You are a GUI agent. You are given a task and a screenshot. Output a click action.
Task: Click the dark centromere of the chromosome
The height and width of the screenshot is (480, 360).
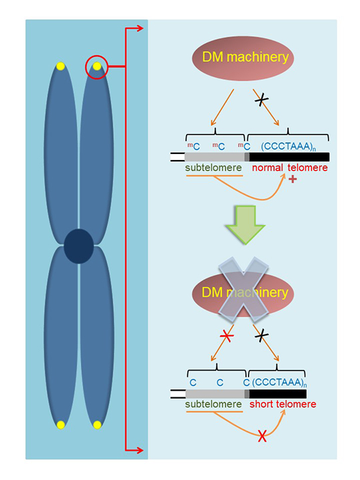[x=79, y=246]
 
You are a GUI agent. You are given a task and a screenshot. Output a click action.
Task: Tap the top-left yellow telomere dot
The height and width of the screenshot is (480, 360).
[x=61, y=67]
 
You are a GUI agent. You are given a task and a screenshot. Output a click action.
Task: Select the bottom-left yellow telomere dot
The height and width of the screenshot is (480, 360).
[x=61, y=425]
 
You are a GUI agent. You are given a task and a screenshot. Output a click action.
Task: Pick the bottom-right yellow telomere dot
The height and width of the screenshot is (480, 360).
[x=97, y=425]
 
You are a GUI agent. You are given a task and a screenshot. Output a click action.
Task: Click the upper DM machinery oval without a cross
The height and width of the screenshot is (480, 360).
[x=243, y=58]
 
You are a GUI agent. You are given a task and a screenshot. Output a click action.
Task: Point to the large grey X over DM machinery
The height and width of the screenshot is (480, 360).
[x=243, y=289]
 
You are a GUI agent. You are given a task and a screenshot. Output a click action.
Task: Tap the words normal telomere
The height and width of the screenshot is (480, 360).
[x=289, y=168]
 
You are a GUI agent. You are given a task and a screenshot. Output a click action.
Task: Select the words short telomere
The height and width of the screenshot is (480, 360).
[x=283, y=404]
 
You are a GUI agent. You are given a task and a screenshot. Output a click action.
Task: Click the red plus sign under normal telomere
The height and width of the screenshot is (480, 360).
[x=293, y=179]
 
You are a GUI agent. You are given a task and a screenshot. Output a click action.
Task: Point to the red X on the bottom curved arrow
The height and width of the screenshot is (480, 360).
[x=262, y=436]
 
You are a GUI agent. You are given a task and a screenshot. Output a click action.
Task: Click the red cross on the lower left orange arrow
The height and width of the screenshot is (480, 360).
[x=227, y=336]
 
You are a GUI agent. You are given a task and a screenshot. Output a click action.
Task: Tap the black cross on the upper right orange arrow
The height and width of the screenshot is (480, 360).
[x=261, y=100]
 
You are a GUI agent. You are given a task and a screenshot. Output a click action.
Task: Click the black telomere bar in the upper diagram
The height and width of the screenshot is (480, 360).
[x=289, y=157]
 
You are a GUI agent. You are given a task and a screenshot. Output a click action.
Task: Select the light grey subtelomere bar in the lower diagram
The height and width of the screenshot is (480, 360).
[x=215, y=394]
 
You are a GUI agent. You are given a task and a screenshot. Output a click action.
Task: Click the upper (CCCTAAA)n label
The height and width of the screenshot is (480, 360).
[x=289, y=146]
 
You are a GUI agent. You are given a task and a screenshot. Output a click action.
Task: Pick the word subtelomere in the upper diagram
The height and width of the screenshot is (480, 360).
[x=213, y=168]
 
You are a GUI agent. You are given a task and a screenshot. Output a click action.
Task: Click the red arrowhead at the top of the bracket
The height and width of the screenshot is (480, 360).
[x=139, y=29]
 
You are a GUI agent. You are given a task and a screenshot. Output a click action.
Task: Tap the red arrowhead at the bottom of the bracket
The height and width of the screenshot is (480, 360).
[x=139, y=450]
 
